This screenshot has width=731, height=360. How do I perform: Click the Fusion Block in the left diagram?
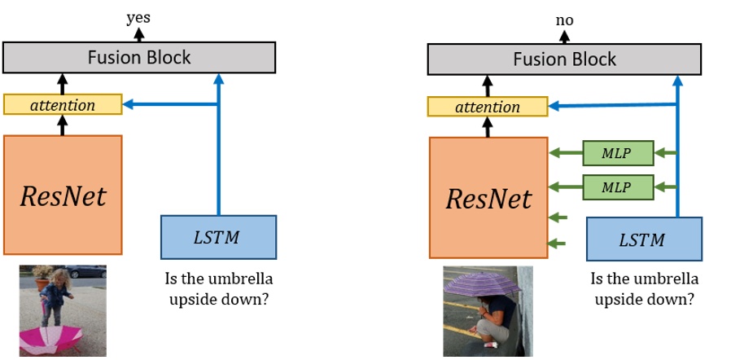(x=139, y=58)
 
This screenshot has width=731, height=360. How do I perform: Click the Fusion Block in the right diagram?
(x=564, y=59)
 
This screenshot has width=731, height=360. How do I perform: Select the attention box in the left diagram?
(x=63, y=105)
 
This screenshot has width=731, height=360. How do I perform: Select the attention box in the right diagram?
(x=488, y=107)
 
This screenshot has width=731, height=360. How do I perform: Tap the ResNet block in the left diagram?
(x=63, y=195)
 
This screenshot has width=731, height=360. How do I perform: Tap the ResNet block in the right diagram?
(x=488, y=198)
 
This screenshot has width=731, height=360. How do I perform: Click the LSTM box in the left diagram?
(x=218, y=236)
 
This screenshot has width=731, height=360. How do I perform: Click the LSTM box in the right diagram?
(x=643, y=239)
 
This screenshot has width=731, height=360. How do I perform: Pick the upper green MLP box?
(x=618, y=152)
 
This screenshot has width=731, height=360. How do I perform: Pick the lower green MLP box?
(x=618, y=187)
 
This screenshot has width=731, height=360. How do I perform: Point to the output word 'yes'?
(x=138, y=17)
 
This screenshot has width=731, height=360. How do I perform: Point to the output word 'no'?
(x=564, y=20)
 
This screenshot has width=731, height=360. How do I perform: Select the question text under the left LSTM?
(x=218, y=288)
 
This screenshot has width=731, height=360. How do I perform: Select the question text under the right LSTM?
(x=644, y=289)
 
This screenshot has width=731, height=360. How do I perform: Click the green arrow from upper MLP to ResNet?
(x=565, y=152)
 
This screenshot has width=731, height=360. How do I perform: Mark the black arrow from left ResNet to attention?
(x=63, y=125)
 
